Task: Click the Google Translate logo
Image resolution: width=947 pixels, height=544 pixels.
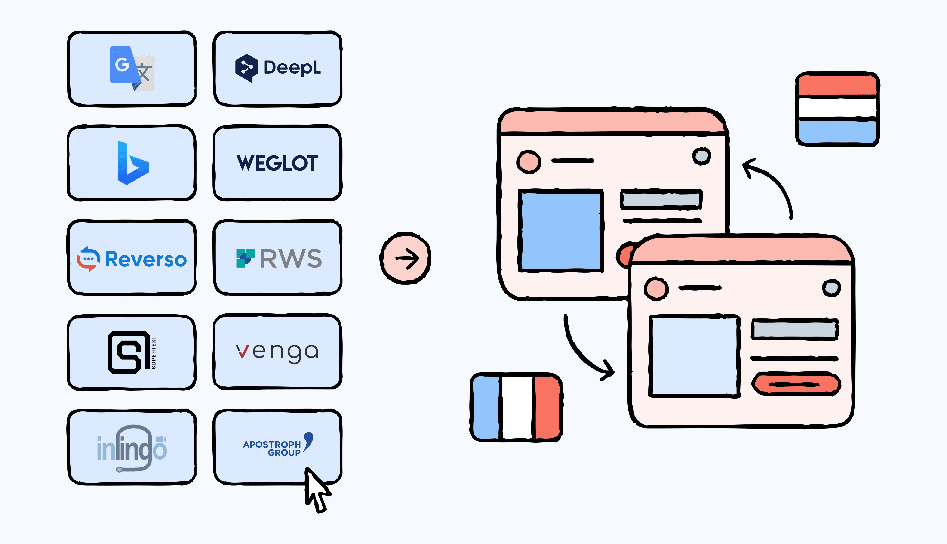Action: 132,69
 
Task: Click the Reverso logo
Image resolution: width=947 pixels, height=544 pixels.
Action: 132,259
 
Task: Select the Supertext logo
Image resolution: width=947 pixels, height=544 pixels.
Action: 132,352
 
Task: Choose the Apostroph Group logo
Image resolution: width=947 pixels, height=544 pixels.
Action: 277,445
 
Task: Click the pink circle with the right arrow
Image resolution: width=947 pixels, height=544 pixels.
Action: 406,258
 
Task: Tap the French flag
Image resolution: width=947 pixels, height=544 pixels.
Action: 517,407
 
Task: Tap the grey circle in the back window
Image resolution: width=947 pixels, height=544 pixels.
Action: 701,156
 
